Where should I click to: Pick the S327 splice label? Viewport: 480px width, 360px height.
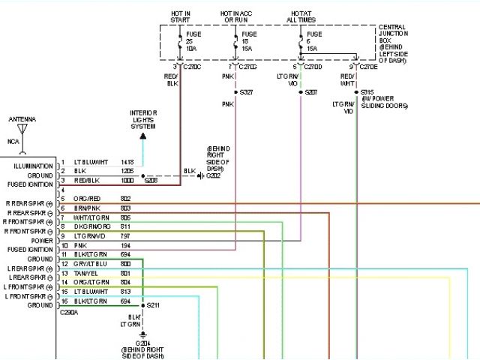245,92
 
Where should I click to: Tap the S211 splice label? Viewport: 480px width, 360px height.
154,306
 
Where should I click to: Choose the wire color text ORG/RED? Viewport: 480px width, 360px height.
86,198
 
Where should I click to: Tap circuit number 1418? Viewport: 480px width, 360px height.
127,163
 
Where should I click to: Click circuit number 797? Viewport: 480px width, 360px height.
125,235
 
